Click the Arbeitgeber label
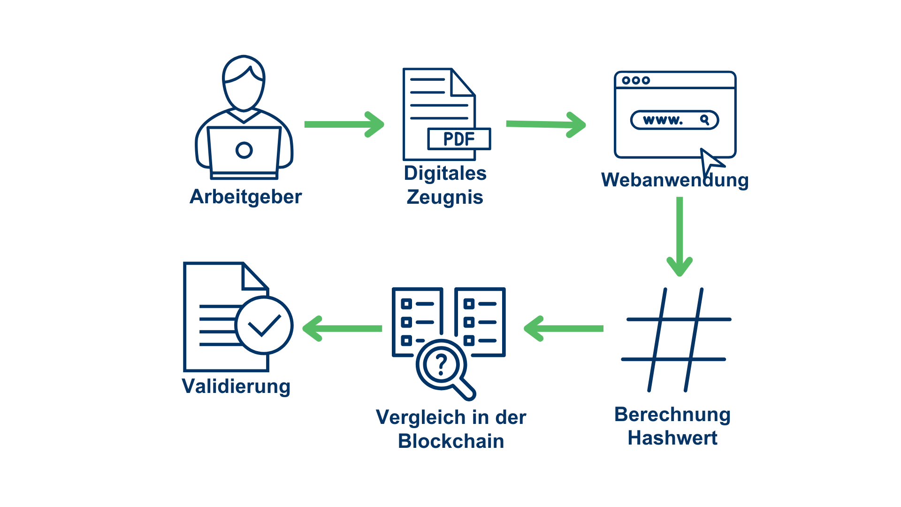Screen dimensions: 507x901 point(245,197)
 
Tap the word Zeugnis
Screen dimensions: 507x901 point(445,197)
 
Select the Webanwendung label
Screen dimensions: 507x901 point(675,180)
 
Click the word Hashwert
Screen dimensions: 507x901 point(672,438)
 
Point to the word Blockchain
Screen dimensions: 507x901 point(451,441)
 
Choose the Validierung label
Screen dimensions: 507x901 point(236,386)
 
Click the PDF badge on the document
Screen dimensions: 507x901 point(459,139)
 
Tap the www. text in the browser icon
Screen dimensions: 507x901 point(663,120)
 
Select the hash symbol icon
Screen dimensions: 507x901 point(676,339)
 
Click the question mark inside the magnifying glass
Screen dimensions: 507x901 point(441,364)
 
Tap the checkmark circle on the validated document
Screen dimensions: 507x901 point(264,325)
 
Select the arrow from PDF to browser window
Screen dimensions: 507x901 point(546,124)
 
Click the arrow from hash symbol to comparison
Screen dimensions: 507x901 point(564,329)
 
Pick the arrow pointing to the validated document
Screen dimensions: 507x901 point(343,329)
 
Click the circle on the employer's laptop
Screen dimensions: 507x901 point(244,150)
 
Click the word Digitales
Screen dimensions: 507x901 point(445,173)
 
